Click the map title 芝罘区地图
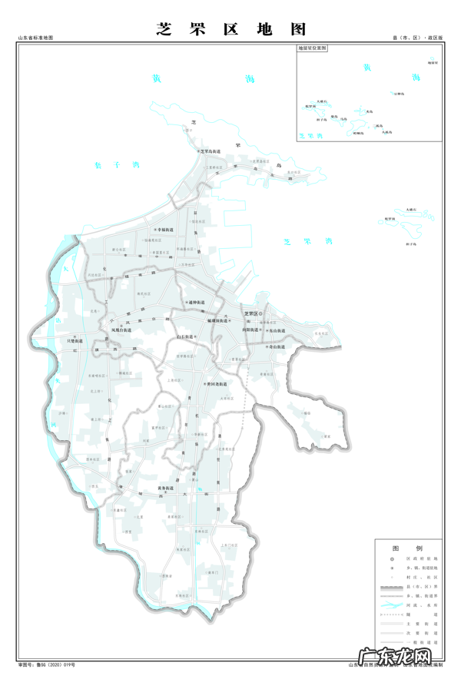coord(231,28)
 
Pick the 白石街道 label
coord(187,336)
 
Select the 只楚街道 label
coord(75,340)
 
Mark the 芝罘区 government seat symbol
coord(260,314)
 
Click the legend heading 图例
coord(407,548)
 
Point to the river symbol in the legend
coord(391,604)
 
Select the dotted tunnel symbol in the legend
coord(391,614)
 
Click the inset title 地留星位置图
coord(313,48)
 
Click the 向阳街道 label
coord(250,328)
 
